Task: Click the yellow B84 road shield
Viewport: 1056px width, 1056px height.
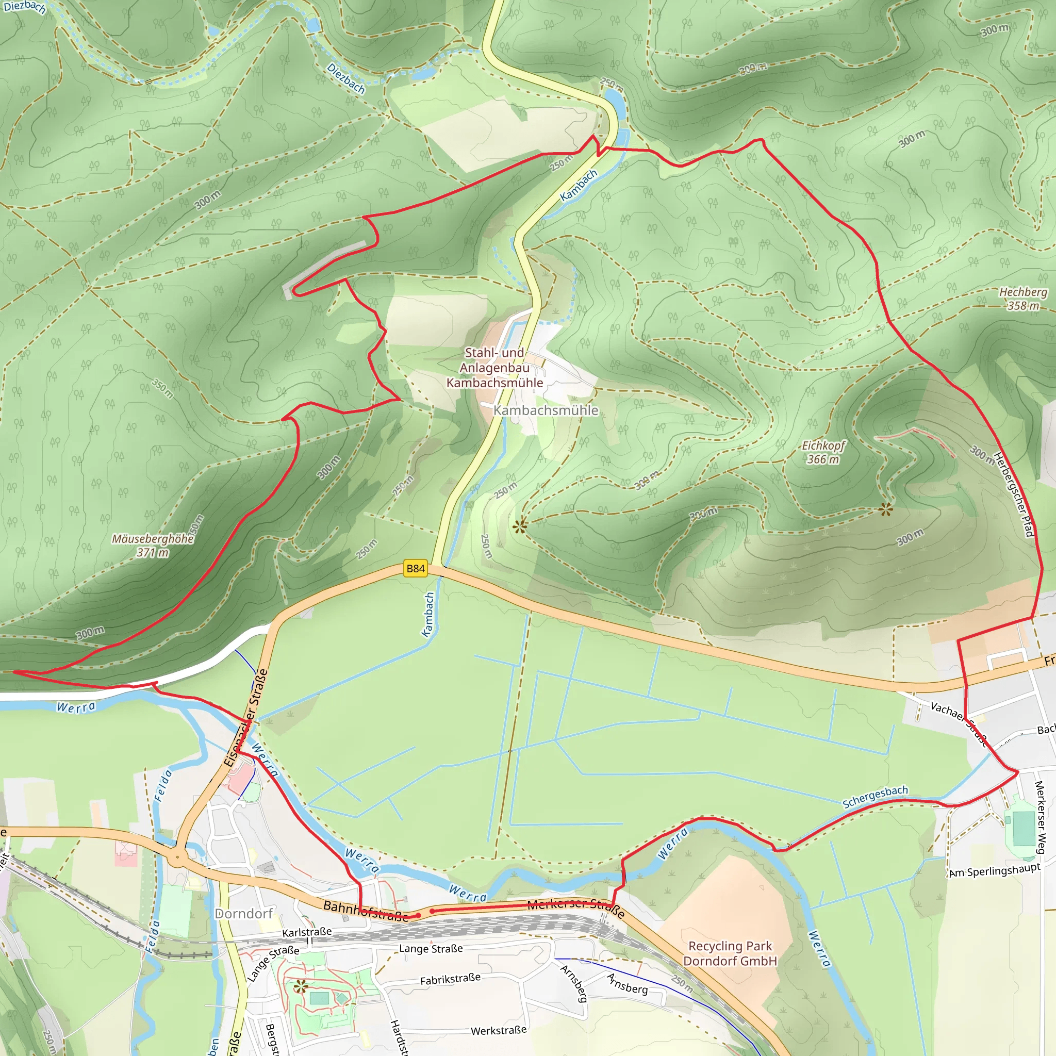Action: tap(416, 568)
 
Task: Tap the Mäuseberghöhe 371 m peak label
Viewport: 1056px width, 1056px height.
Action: tap(153, 546)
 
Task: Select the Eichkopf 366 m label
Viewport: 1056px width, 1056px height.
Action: tap(823, 452)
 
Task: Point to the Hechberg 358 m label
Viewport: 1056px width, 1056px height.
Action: tap(1023, 299)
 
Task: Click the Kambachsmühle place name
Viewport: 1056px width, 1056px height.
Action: tap(546, 410)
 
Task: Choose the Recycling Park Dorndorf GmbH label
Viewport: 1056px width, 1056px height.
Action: tap(730, 953)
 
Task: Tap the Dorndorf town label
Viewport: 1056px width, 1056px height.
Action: tap(244, 913)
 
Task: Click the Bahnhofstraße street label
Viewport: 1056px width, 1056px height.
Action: tap(365, 911)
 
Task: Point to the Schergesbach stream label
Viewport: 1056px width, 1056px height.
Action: tap(875, 796)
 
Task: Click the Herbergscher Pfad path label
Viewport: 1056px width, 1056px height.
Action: tap(1013, 495)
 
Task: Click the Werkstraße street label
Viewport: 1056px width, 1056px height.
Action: tap(499, 1030)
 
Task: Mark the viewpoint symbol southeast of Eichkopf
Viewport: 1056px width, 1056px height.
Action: tap(886, 510)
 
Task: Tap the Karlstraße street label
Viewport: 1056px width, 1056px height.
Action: tap(307, 932)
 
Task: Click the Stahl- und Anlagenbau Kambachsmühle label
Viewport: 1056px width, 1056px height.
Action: tap(494, 368)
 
